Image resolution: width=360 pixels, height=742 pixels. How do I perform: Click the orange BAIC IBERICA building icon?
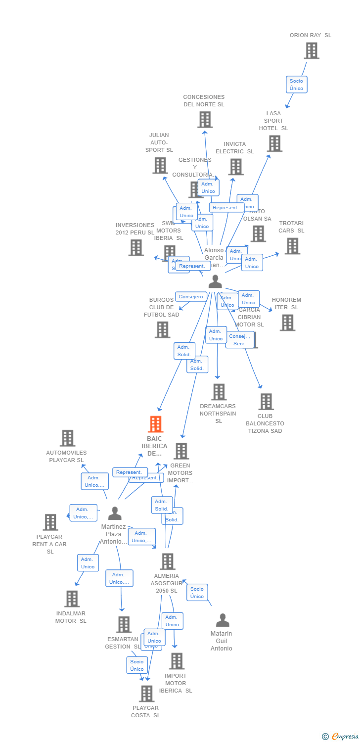156,424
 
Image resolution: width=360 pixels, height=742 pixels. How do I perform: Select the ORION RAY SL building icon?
311,50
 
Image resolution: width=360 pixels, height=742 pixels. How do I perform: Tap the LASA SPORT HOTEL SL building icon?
274,143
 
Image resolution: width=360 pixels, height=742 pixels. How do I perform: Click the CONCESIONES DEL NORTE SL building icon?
205,120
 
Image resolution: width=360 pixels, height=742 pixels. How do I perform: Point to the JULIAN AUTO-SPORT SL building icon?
160,165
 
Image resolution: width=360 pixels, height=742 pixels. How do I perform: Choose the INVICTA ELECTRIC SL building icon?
236,167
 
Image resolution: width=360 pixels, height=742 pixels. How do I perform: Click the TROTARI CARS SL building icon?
292,246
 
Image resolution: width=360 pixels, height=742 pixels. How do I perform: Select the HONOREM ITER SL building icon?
287,323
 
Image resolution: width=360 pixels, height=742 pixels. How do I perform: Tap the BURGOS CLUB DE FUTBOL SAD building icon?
162,330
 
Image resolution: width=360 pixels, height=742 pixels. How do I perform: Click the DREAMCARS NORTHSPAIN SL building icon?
219,392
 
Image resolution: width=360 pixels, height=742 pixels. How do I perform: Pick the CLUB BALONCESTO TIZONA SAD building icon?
266,402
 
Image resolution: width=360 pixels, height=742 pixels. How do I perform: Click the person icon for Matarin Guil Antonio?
223,620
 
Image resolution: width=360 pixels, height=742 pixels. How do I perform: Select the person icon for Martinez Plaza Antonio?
115,513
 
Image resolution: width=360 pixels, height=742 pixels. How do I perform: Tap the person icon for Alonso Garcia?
215,281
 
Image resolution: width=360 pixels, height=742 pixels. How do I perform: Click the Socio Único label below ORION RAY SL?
297,85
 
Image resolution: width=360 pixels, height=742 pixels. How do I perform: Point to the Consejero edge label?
191,297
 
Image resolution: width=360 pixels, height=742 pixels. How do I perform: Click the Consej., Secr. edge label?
240,340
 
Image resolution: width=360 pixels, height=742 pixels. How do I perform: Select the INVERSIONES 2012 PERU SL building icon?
136,248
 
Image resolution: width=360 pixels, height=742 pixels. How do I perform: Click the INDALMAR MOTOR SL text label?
71,617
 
